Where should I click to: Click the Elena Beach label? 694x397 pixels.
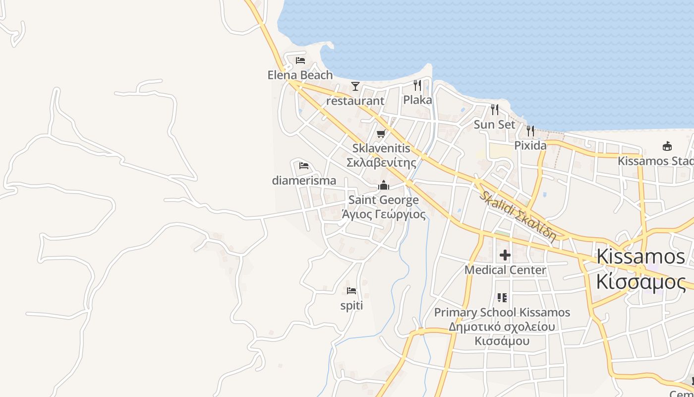pyautogui.click(x=300, y=75)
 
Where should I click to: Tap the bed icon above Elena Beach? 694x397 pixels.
pyautogui.click(x=300, y=61)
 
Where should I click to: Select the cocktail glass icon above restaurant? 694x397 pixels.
pyautogui.click(x=355, y=86)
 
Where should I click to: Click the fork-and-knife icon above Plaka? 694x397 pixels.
pyautogui.click(x=417, y=85)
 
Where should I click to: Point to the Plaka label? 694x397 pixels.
pyautogui.click(x=417, y=100)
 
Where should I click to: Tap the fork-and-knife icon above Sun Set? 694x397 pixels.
pyautogui.click(x=495, y=110)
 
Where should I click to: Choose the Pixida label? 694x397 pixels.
pyautogui.click(x=530, y=146)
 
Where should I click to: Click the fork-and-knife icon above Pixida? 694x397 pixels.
pyautogui.click(x=530, y=131)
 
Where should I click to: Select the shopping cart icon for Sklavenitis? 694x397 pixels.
pyautogui.click(x=381, y=133)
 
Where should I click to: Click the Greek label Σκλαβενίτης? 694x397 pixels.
pyautogui.click(x=381, y=163)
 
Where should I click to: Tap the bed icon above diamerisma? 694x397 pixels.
pyautogui.click(x=304, y=166)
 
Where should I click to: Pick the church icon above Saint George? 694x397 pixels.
pyautogui.click(x=384, y=186)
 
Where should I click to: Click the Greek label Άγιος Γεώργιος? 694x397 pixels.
pyautogui.click(x=384, y=214)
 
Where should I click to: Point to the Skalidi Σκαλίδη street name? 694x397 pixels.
pyautogui.click(x=518, y=217)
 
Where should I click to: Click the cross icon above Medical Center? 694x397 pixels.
pyautogui.click(x=505, y=255)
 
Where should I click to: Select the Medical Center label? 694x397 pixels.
pyautogui.click(x=505, y=270)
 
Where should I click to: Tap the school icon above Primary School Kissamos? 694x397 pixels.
pyautogui.click(x=502, y=298)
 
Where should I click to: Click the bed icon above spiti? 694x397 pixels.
pyautogui.click(x=351, y=291)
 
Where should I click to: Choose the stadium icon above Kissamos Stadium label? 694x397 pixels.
pyautogui.click(x=667, y=146)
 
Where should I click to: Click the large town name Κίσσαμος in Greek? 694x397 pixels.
pyautogui.click(x=641, y=282)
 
